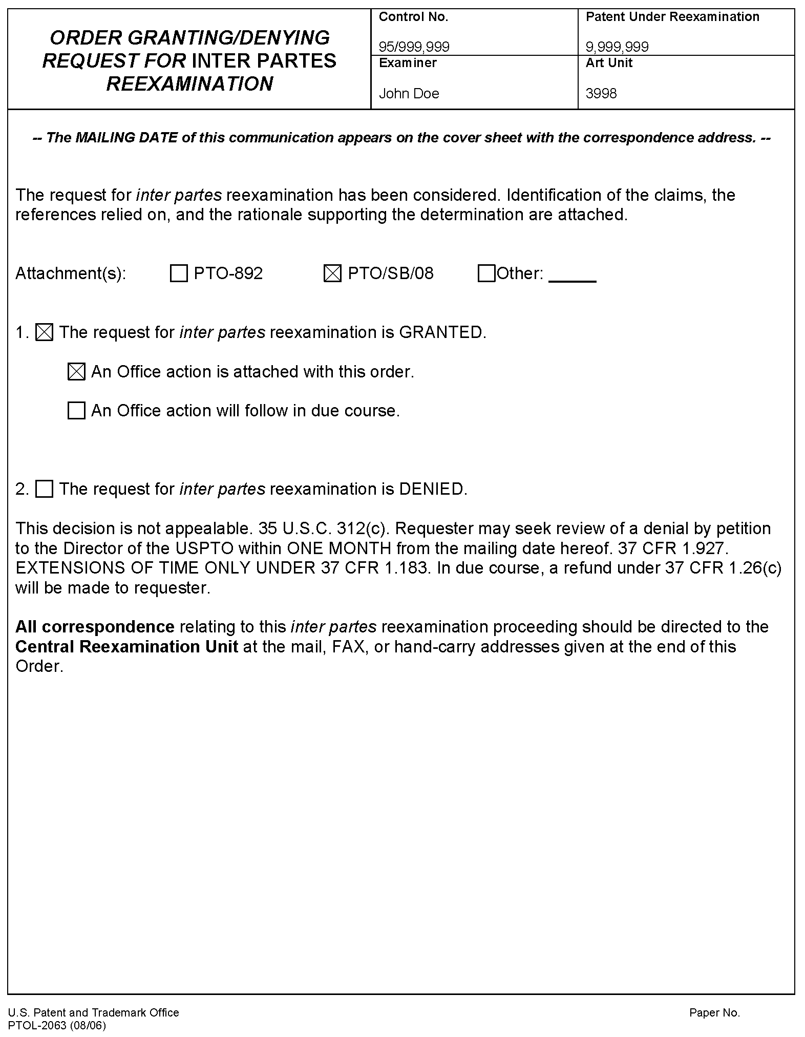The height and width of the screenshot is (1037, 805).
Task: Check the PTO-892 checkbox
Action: pyautogui.click(x=178, y=273)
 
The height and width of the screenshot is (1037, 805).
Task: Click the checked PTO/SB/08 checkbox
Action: pyautogui.click(x=332, y=273)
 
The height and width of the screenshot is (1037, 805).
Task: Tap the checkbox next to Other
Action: pyautogui.click(x=486, y=273)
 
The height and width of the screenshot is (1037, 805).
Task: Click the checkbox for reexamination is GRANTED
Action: pyautogui.click(x=44, y=333)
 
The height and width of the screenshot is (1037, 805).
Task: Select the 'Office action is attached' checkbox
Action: pyautogui.click(x=76, y=372)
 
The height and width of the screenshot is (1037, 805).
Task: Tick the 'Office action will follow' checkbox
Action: pyautogui.click(x=76, y=411)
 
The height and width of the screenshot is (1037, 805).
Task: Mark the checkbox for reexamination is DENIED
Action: pyautogui.click(x=44, y=489)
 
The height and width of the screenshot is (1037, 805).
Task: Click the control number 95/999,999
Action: pyautogui.click(x=414, y=47)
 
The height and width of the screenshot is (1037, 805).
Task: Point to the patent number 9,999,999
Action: pyautogui.click(x=617, y=47)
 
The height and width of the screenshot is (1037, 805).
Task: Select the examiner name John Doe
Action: pyautogui.click(x=409, y=94)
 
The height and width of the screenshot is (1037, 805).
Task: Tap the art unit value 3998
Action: pyautogui.click(x=601, y=94)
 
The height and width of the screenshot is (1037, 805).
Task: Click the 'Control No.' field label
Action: pyautogui.click(x=413, y=17)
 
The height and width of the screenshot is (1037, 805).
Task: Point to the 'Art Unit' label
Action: pyautogui.click(x=609, y=63)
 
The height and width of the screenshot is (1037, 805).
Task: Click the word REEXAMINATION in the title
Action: pyautogui.click(x=189, y=84)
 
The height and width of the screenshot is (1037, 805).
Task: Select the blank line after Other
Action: pyautogui.click(x=572, y=280)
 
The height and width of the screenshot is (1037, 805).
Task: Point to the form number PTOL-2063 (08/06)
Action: pyautogui.click(x=57, y=1025)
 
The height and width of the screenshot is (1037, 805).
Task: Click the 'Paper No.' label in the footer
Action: pyautogui.click(x=714, y=1012)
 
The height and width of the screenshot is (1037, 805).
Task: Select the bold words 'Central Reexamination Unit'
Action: pyautogui.click(x=126, y=647)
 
